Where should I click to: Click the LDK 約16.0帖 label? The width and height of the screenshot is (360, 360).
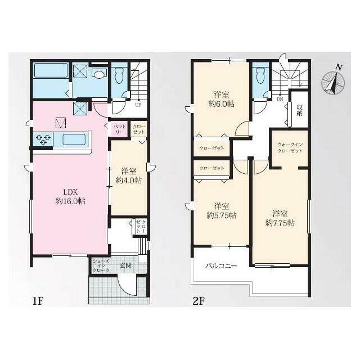pos(70,196)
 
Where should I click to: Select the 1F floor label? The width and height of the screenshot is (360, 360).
pos(38,301)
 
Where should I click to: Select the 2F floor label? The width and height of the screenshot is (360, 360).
pos(199,301)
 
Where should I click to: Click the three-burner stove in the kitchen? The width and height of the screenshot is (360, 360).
pos(43,139)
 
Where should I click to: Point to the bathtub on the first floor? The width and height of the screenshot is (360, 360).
pos(51,70)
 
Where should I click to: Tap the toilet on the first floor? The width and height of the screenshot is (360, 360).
pos(119,76)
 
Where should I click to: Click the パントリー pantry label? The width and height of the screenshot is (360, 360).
pos(119,129)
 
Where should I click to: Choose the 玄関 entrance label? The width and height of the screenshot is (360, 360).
pos(125,265)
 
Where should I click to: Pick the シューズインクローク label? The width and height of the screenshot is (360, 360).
pos(101,265)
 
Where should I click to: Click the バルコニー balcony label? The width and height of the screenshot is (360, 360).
pos(221,266)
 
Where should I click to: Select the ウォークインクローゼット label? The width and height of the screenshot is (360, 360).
pos(290,148)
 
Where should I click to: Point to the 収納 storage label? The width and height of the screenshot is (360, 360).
pos(299,110)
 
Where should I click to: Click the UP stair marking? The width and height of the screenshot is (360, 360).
pos(138,105)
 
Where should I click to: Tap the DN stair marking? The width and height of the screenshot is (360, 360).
pos(280,99)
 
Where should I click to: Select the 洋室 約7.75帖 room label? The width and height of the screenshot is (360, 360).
pos(280,218)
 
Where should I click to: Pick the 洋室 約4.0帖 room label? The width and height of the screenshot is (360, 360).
pos(129,176)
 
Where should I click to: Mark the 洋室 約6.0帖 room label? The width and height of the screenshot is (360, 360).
pos(221,100)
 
